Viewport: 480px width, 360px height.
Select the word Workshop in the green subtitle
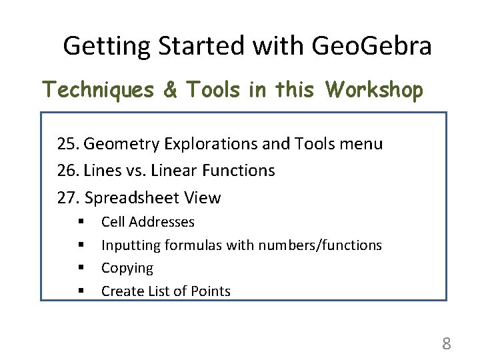(374, 89)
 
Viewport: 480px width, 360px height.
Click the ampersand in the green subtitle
(171, 89)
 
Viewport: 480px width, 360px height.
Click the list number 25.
(68, 144)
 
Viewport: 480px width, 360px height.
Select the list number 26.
(68, 171)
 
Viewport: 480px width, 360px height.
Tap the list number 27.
(68, 198)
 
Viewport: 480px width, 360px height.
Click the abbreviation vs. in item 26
(133, 171)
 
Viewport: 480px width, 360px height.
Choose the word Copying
(127, 268)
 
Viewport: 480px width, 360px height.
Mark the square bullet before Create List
(80, 291)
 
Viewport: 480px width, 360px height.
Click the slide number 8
(446, 344)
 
